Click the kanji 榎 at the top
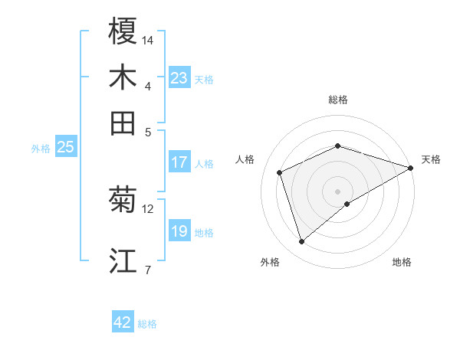point(123,31)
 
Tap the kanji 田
point(123,123)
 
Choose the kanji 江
point(123,261)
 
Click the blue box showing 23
point(179,78)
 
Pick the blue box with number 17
point(179,162)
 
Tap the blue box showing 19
point(179,231)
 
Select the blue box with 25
point(65,147)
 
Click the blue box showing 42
point(123,322)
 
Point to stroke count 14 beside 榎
point(148,39)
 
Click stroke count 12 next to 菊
point(148,208)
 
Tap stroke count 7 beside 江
point(148,269)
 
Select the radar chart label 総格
point(337,100)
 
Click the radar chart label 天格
point(431,159)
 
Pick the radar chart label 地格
point(402,262)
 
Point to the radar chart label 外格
point(270,262)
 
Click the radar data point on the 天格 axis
point(411,168)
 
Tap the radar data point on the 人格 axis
point(280,172)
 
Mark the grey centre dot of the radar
point(337,191)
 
